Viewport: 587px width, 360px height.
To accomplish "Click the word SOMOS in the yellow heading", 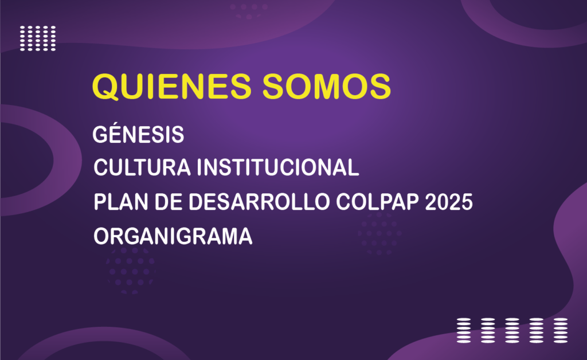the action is [326, 87].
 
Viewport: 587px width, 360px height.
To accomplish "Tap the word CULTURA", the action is [142, 167].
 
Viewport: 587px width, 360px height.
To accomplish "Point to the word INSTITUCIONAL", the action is [278, 167].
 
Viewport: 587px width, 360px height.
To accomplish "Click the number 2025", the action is [449, 202].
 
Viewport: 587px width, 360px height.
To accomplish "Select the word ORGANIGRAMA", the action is [173, 236].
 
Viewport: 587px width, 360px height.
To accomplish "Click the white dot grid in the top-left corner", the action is [38, 38].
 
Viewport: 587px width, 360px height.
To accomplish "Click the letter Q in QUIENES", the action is [106, 87].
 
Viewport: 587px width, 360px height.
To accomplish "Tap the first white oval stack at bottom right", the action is [464, 330].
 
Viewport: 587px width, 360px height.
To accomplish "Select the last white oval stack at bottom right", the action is [561, 330].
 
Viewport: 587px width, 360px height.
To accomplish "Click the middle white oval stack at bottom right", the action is [512, 330].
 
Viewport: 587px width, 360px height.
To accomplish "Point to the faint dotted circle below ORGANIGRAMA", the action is [131, 270].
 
